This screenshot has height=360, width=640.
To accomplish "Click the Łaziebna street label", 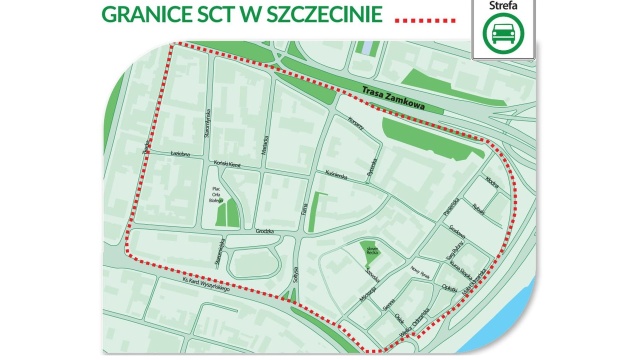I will point(180,154).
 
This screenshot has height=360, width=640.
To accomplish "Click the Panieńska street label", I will point(452,205).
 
